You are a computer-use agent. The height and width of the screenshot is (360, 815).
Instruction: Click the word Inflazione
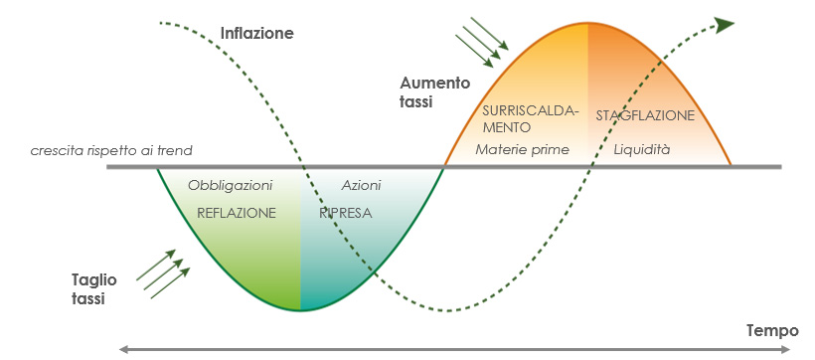[256, 33]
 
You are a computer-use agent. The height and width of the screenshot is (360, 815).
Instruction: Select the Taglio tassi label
[101, 287]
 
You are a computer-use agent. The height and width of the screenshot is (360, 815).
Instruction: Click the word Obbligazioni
[230, 184]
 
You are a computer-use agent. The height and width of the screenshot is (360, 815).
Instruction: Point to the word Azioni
[361, 184]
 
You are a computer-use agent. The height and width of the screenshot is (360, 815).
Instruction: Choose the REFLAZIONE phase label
[237, 212]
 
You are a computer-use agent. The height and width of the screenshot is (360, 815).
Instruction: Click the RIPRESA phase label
[345, 212]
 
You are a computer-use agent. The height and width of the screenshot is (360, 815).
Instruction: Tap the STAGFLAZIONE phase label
[645, 116]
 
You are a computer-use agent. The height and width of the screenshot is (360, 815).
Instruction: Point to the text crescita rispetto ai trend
[110, 151]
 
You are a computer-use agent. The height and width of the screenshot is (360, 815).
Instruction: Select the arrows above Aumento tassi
[482, 39]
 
